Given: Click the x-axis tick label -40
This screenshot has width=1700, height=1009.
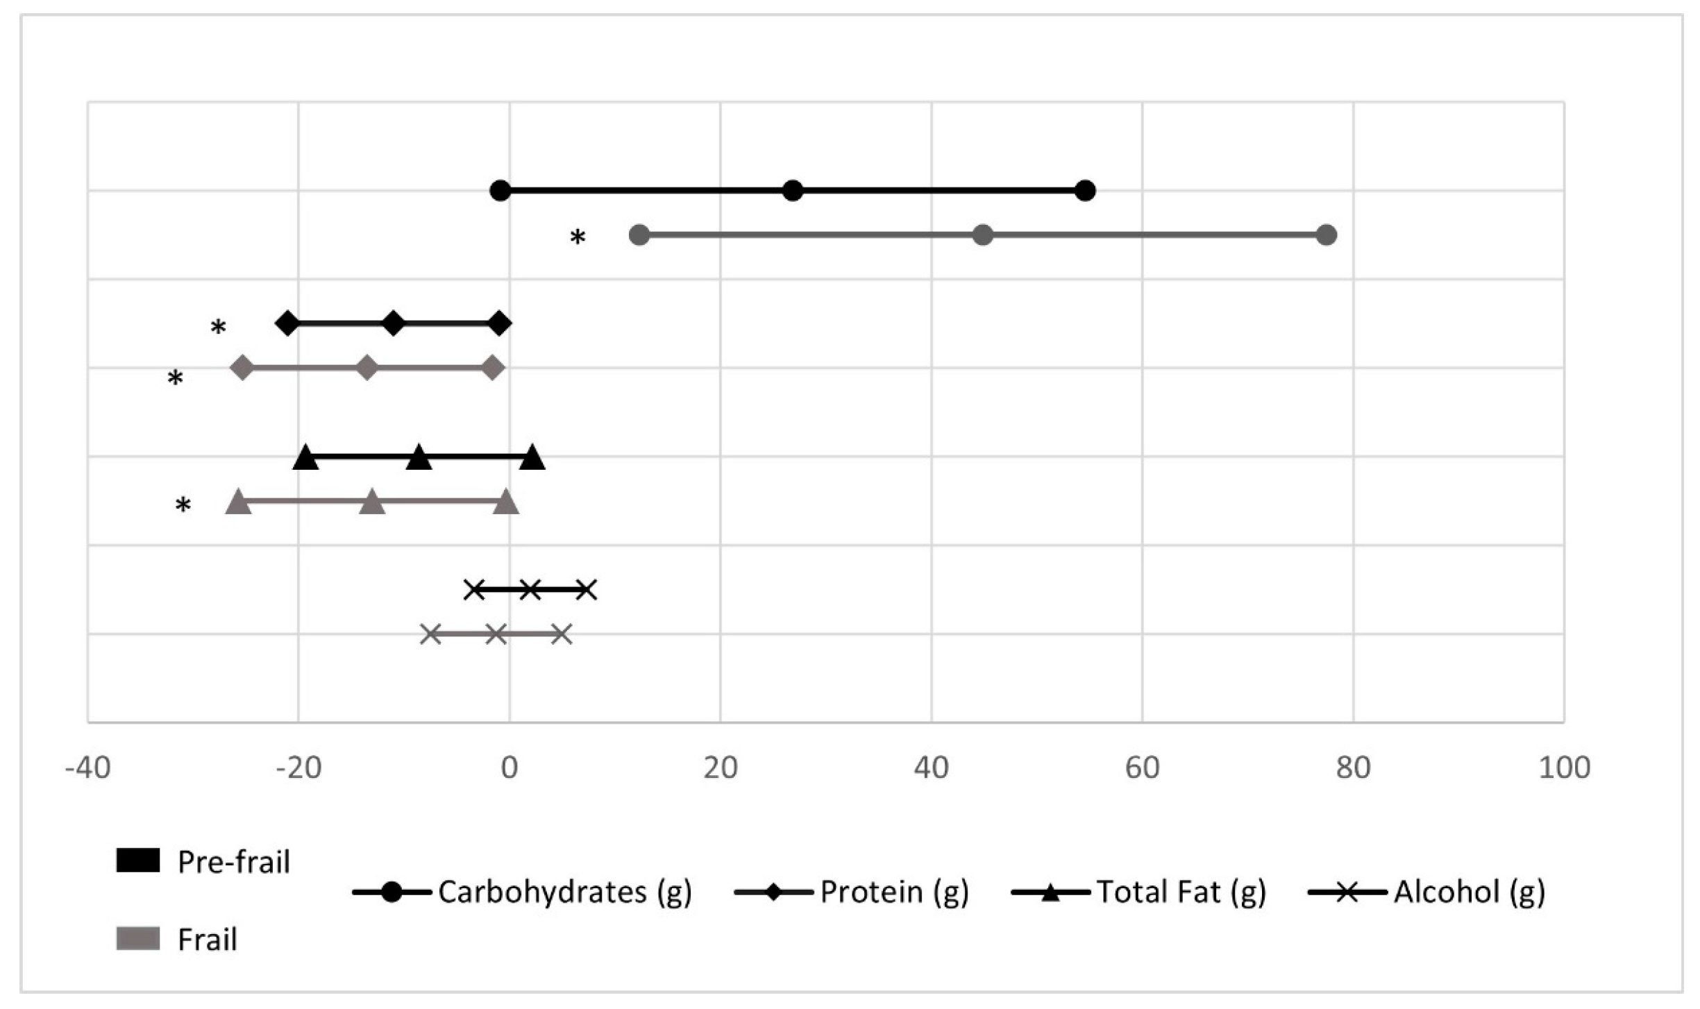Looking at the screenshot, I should [x=87, y=768].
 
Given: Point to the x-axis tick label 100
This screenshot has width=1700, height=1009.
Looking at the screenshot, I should [x=1565, y=768].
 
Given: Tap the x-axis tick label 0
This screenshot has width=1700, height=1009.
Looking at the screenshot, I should [x=510, y=768].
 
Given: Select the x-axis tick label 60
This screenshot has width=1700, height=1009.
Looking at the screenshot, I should [x=1143, y=768].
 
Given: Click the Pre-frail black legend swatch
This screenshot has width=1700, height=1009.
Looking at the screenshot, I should [x=138, y=860].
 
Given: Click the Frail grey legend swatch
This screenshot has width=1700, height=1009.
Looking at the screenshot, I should [x=138, y=938].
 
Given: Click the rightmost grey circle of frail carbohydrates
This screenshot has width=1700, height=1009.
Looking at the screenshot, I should [x=1326, y=235].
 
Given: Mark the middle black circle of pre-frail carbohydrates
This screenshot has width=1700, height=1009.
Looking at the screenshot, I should [x=792, y=190].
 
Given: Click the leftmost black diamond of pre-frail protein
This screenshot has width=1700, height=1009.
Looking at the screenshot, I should [x=287, y=323].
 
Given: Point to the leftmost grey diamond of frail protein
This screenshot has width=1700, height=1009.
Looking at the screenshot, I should [x=242, y=367].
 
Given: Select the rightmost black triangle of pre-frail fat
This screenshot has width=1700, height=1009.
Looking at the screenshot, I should [x=532, y=459].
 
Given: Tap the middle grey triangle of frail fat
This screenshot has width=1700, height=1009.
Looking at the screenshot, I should [x=372, y=502].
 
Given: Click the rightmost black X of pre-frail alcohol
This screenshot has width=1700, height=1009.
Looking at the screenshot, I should [x=586, y=590].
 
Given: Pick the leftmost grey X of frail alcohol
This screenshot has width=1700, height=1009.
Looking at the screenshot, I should [x=430, y=634].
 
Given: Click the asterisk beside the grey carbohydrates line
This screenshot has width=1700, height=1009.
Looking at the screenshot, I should [x=578, y=237].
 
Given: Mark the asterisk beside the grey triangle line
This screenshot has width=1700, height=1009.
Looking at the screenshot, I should [x=183, y=504].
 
